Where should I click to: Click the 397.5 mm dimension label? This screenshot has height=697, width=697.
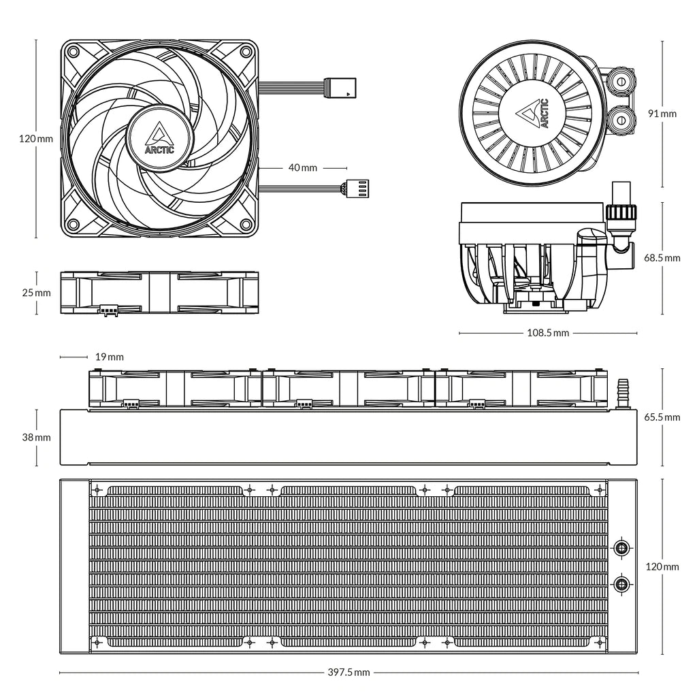(348, 672)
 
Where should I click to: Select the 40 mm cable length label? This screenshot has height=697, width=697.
(303, 167)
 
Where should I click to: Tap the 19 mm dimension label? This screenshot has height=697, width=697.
(109, 357)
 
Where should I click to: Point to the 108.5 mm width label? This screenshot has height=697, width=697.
(548, 334)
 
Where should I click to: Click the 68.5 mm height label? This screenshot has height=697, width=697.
(662, 258)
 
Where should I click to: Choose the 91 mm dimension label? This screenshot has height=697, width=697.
(662, 114)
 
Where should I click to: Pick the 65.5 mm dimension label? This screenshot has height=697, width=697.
(662, 417)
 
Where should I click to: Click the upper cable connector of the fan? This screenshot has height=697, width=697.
(339, 87)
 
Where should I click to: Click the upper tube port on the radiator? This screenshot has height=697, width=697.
(621, 548)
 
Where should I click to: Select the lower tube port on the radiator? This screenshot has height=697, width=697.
(621, 583)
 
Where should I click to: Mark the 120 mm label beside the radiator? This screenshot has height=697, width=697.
(662, 566)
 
